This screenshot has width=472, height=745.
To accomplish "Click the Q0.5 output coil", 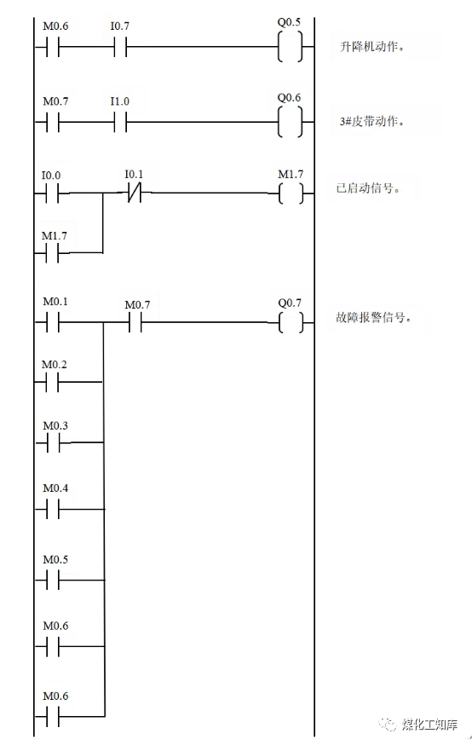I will (290, 48).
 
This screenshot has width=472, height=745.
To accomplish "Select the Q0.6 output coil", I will (290, 122).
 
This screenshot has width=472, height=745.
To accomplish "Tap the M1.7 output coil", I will (290, 193).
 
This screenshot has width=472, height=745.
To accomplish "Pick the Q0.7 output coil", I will (290, 322).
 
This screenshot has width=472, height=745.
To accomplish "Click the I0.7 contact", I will (120, 48).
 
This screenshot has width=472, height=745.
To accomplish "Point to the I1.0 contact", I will (120, 122).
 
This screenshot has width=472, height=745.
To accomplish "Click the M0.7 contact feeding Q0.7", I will (135, 322).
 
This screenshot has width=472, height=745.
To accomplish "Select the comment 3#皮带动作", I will (371, 121).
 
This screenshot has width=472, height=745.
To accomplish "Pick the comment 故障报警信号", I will (374, 321).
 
